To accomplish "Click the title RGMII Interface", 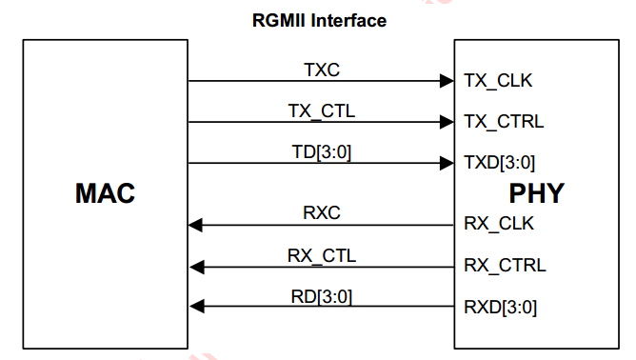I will (318, 20).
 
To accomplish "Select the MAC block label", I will (105, 194).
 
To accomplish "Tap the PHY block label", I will (536, 194).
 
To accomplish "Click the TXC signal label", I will (321, 70).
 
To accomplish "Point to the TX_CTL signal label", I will (321, 110).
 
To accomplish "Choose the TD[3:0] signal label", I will (321, 151).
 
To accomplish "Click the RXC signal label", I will (321, 213).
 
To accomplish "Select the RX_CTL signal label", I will (321, 255).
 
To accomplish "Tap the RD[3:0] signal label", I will (321, 296).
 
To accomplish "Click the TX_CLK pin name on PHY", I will (497, 81).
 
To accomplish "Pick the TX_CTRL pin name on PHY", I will (503, 122).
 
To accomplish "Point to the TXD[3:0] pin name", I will (500, 163).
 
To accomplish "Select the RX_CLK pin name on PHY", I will (498, 225).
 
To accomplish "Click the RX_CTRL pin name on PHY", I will (504, 266).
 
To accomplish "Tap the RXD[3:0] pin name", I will (500, 307).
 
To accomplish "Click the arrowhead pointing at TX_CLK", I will (446, 81).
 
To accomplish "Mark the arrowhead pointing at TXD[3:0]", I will (446, 163).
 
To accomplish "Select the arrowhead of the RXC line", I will (196, 225).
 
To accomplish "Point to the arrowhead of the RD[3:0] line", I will (196, 307).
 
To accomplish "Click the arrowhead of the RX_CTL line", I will (196, 267).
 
